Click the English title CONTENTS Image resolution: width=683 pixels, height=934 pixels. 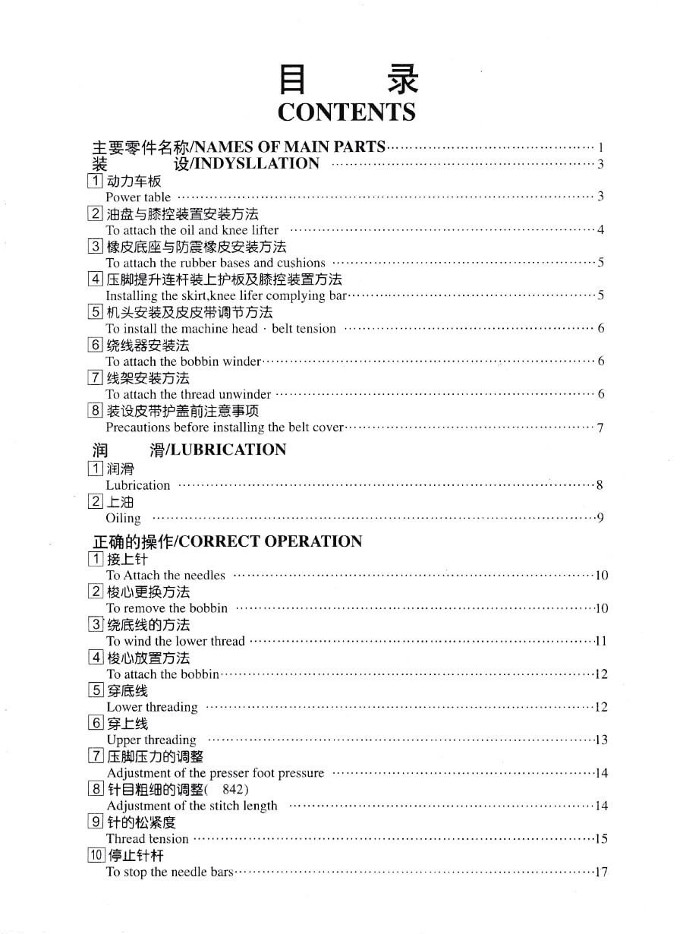pos(346,112)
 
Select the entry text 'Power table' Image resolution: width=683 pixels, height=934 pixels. pos(138,197)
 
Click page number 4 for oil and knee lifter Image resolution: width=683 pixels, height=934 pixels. pos(600,230)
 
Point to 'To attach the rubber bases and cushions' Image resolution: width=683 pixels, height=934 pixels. pos(216,263)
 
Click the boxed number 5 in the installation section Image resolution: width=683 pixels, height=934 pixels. pos(96,312)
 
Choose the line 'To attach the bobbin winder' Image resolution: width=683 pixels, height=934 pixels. pos(184,361)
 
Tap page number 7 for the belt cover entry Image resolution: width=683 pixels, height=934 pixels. pos(600,428)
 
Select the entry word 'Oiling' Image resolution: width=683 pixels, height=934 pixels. pos(123,518)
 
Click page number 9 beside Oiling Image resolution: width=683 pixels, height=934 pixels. pos(600,518)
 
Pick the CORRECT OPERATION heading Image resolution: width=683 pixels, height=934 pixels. pos(270,541)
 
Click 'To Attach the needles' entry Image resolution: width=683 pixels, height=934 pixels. pos(165,576)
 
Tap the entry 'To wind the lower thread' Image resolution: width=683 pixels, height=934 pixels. pos(176,641)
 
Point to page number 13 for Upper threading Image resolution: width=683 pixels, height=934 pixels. pos(601,740)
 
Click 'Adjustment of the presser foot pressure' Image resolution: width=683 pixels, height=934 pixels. pos(216,773)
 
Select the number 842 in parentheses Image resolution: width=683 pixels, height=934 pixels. pos(234,789)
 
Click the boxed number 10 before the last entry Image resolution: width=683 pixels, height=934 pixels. pos(96,855)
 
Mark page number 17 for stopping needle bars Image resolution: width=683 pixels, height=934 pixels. pos(601,872)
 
